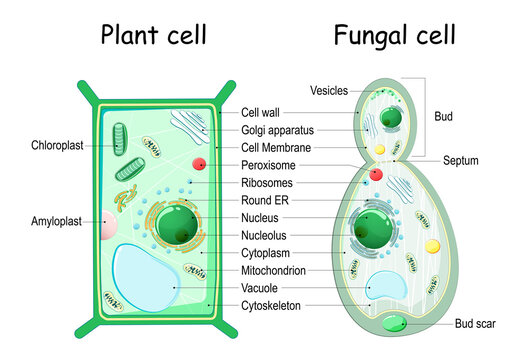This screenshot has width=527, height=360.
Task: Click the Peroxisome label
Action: (273, 164)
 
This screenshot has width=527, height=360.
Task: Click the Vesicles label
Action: (328, 90)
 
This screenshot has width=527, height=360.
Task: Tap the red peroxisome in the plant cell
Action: (199, 163)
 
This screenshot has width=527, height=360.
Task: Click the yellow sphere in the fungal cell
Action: (432, 245)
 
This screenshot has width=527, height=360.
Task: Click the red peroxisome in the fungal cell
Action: (376, 174)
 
